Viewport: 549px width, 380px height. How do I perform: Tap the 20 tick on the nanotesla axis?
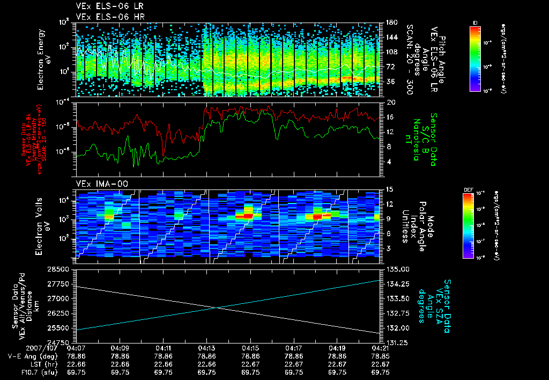point(389,102)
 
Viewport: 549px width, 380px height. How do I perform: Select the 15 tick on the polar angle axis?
point(389,189)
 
